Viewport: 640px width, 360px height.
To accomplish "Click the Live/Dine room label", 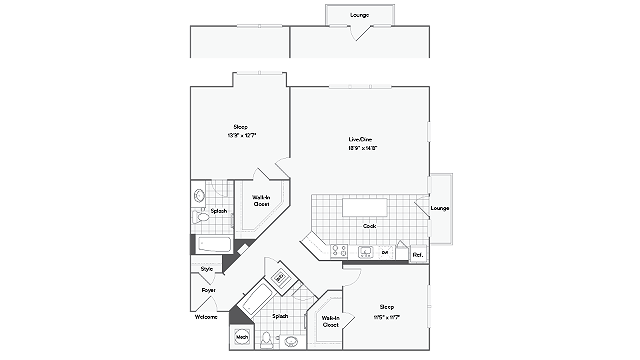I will point(361,138).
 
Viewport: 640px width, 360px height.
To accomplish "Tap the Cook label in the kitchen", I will point(369,226).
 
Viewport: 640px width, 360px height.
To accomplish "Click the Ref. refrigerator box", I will point(418,255).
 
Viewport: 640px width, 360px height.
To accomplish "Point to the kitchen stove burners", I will point(339,251).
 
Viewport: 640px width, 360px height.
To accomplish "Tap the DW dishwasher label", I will point(385,253).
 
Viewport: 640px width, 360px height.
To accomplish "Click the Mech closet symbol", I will point(242,338).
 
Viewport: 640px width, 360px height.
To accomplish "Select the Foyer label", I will point(209,290).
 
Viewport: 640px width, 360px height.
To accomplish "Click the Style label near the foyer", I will point(207,269).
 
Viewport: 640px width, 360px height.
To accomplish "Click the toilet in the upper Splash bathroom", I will point(200,214).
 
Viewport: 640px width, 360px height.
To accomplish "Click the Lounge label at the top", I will point(359,15).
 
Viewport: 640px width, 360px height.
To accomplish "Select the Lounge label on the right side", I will point(440,208).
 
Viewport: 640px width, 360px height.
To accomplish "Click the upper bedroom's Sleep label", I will point(240,127).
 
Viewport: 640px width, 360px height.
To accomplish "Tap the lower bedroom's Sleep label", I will point(386,307).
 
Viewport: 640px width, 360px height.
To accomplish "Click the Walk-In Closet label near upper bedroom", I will point(262,200).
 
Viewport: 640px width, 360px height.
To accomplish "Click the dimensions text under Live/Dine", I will point(361,147).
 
